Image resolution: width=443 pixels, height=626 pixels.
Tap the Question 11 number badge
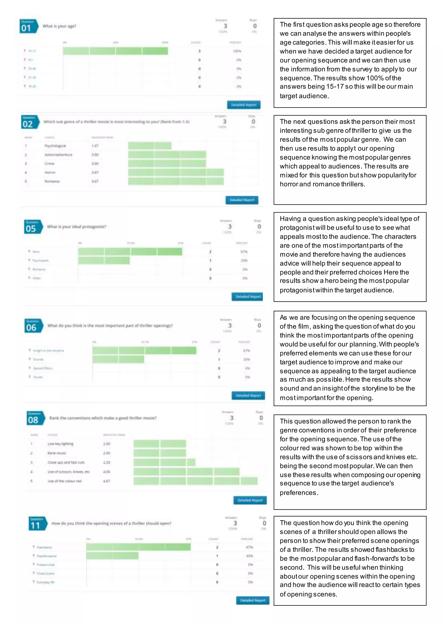[37, 524]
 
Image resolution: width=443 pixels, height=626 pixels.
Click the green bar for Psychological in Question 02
[149, 146]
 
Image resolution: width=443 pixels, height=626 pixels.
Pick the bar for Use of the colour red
[195, 481]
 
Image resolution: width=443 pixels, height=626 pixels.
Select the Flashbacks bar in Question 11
[138, 547]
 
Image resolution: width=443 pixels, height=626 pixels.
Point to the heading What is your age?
[59, 26]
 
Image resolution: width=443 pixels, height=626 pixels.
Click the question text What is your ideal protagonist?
[76, 227]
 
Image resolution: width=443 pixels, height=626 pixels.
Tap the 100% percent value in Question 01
[237, 51]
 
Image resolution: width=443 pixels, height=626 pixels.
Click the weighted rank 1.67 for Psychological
[95, 146]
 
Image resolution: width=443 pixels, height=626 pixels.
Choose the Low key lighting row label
[60, 444]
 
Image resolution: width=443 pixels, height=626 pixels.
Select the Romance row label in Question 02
[52, 181]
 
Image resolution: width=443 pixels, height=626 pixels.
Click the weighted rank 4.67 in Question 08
[107, 481]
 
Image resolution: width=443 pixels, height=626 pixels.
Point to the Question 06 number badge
[33, 326]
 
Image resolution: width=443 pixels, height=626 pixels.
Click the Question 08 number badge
[35, 418]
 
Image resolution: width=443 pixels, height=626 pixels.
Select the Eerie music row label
[57, 453]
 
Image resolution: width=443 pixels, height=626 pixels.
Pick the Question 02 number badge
[29, 122]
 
